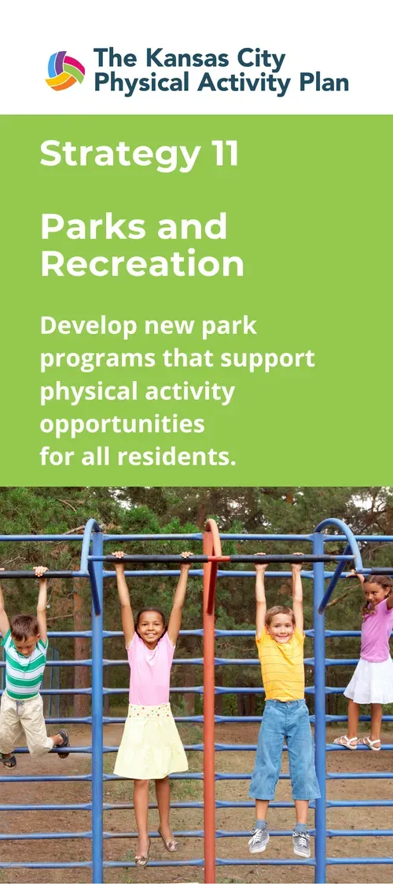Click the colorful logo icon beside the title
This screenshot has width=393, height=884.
65,71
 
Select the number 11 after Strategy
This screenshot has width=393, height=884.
224,154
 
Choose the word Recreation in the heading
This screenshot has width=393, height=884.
142,265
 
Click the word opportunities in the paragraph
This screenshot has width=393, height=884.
122,424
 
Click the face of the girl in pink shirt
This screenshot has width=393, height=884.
152,626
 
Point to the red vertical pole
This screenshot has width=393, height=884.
209,707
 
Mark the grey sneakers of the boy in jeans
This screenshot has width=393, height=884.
279,842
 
